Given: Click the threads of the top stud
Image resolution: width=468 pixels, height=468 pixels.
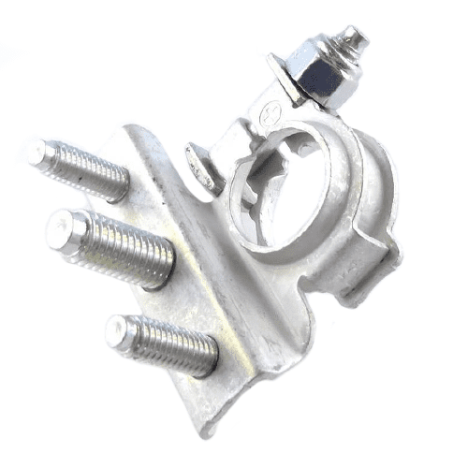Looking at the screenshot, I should [89, 169].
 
